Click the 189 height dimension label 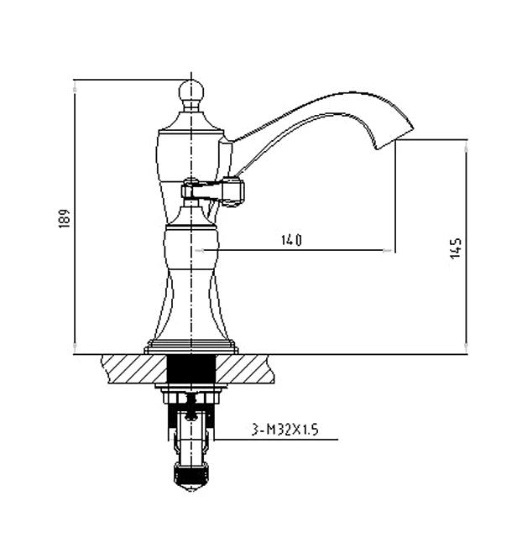click(65, 218)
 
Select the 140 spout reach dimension click(291, 241)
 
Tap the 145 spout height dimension click(456, 248)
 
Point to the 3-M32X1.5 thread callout click(284, 430)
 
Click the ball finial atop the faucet click(191, 91)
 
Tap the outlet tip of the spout click(395, 137)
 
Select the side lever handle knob click(232, 192)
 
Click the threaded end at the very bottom click(191, 476)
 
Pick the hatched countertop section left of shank click(134, 369)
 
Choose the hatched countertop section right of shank click(245, 369)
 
